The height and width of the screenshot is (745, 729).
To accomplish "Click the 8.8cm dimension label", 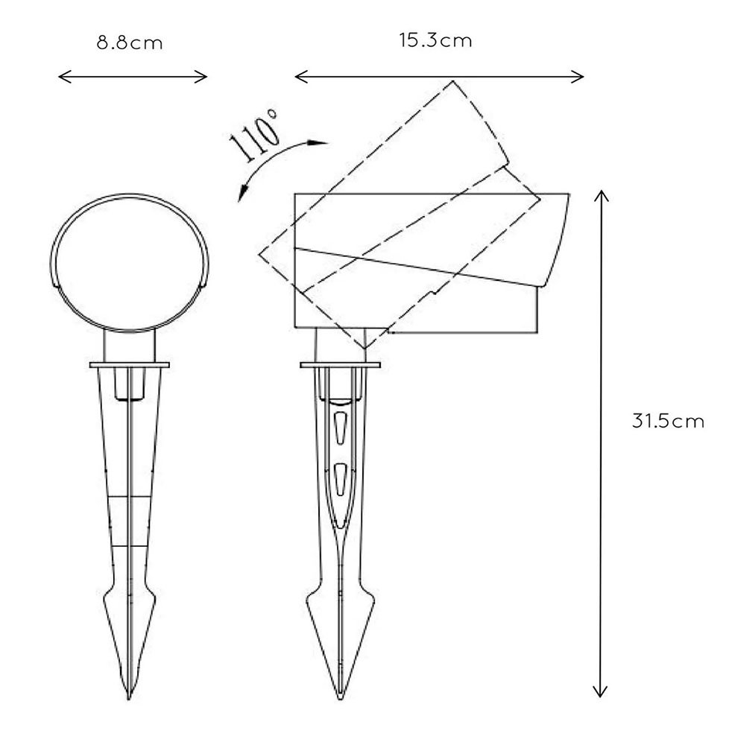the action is (x=129, y=43).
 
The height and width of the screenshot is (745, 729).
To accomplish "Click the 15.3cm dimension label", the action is (x=435, y=40).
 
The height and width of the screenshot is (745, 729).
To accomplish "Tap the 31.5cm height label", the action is (x=668, y=422).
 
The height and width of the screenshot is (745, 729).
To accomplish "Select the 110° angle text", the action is (x=254, y=135).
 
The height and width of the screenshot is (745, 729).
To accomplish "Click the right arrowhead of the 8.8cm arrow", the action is (x=201, y=77).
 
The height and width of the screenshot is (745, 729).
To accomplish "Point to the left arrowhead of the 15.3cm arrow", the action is (x=301, y=77).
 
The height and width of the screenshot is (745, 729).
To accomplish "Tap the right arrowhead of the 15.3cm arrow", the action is (x=577, y=77).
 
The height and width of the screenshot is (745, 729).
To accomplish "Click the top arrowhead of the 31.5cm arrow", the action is (x=601, y=196).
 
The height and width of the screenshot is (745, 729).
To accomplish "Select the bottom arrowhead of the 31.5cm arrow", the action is (x=601, y=691).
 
